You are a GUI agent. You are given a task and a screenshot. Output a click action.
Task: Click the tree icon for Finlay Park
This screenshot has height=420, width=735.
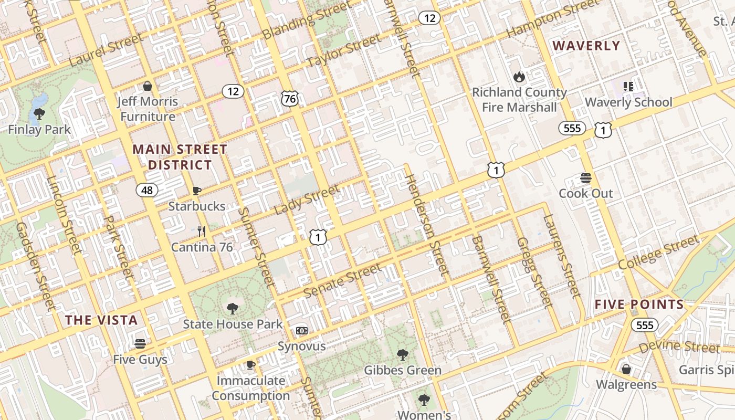[39, 113]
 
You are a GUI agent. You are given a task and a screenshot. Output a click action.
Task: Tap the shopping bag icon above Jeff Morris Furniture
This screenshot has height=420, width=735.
[148, 86]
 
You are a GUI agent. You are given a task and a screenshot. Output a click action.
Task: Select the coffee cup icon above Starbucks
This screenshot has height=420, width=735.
[197, 191]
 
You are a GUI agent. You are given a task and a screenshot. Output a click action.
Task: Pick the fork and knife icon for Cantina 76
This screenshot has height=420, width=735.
[202, 231]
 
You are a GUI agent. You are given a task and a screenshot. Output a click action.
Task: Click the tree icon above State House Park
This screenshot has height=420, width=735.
[232, 308]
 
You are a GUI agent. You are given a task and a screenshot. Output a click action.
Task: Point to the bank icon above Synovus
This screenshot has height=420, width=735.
[301, 331]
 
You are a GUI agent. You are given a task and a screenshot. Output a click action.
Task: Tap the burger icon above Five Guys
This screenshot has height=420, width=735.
[140, 344]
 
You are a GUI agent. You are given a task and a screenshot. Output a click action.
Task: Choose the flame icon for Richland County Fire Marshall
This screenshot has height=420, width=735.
[519, 77]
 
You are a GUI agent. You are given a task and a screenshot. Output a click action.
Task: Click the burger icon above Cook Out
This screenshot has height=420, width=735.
[586, 178]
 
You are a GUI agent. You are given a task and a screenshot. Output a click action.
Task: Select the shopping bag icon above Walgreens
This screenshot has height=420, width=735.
[626, 369]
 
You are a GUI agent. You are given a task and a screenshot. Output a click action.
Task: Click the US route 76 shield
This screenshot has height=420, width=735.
[289, 98]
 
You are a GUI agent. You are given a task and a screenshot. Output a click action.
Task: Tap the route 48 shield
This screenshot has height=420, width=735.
[147, 190]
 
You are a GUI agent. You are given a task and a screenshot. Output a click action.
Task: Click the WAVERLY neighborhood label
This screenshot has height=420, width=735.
[586, 46]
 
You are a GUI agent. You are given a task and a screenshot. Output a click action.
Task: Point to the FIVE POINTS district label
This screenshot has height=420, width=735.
[639, 304]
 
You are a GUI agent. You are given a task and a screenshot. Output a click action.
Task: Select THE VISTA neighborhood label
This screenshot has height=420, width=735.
[101, 320]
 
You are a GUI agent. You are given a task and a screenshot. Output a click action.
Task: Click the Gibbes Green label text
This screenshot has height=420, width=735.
[403, 371]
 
